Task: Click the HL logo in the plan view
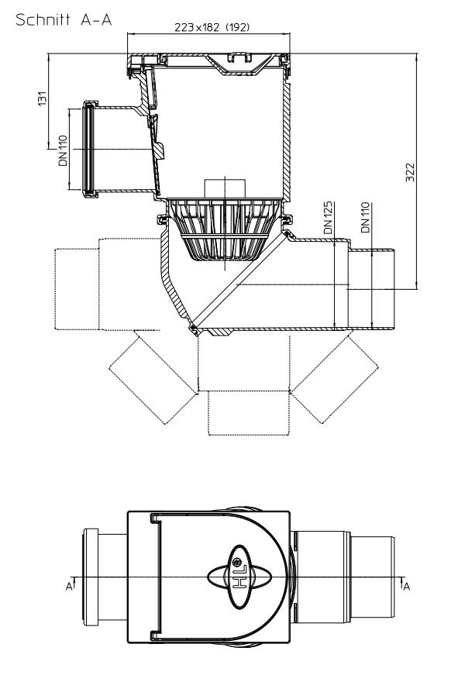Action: tap(240, 579)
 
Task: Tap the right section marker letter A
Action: tap(405, 586)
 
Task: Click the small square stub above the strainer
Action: tap(222, 188)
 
